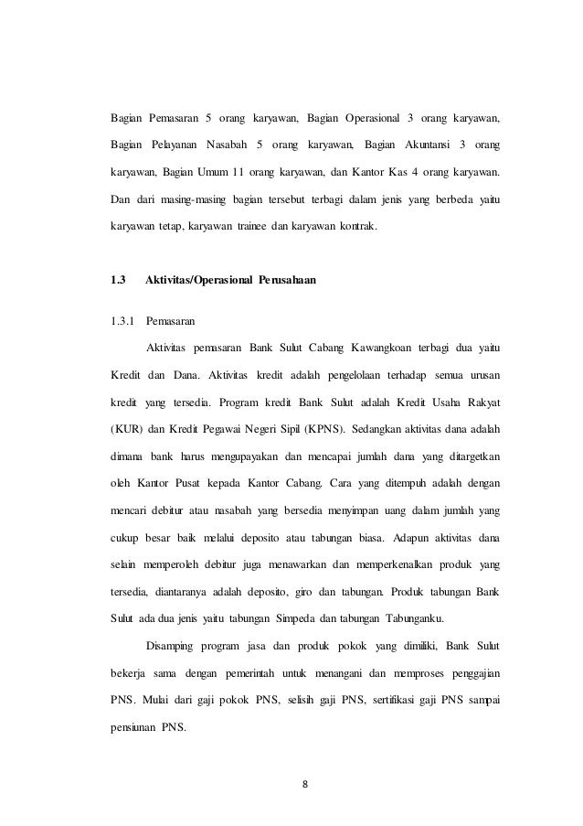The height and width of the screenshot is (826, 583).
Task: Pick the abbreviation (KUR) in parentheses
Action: point(121,430)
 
